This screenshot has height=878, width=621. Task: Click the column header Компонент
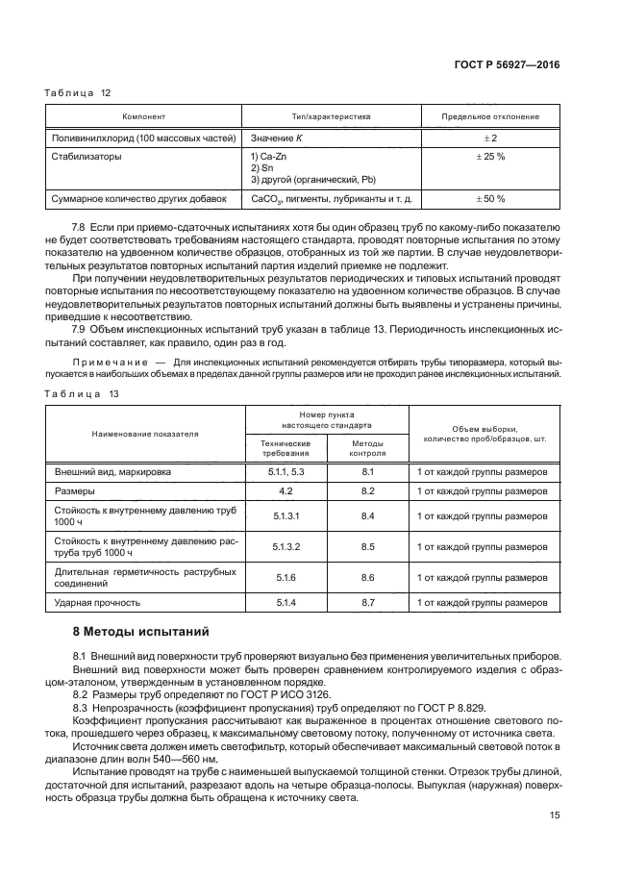coord(144,116)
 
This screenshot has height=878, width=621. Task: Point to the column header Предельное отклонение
coord(490,116)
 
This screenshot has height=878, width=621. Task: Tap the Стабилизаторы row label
coord(87,156)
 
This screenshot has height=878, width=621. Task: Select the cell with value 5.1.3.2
coord(286,547)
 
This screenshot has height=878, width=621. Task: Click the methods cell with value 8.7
coord(367,602)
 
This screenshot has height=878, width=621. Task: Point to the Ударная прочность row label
coord(99,602)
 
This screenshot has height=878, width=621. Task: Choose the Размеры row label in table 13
coord(75,490)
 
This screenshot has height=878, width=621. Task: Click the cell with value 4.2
coord(286,490)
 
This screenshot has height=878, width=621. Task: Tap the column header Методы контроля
coord(367,449)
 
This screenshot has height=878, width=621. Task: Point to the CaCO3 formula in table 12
coord(265,199)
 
